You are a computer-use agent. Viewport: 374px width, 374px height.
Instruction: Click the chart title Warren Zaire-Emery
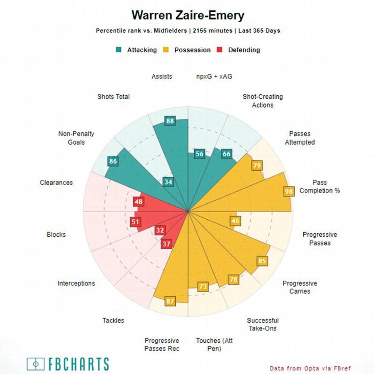point(188,15)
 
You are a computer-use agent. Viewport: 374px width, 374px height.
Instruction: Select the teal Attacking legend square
point(119,50)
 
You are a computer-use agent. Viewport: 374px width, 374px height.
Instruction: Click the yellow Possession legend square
point(166,50)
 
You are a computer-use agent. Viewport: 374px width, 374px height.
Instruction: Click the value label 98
point(289,191)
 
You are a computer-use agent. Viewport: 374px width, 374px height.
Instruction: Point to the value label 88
point(170,121)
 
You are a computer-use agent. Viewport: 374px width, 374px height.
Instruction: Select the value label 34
point(168,181)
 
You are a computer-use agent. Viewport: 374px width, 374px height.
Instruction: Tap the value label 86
point(113,161)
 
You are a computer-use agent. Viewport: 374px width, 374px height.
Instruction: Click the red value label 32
point(160,230)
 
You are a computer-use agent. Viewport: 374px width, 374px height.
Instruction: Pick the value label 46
point(235,221)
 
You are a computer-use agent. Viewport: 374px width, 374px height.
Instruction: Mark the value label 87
point(170,301)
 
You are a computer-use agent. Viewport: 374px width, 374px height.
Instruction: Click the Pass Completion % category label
point(320,186)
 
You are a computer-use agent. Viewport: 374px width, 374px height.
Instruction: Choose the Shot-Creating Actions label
point(262,100)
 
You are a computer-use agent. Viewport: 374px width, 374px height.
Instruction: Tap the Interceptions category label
point(76,283)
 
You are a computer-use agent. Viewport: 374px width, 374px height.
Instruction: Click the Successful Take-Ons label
point(262,324)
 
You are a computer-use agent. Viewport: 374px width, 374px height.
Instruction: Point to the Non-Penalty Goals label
point(76,138)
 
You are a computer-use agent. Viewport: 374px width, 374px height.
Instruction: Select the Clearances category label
point(56,182)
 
